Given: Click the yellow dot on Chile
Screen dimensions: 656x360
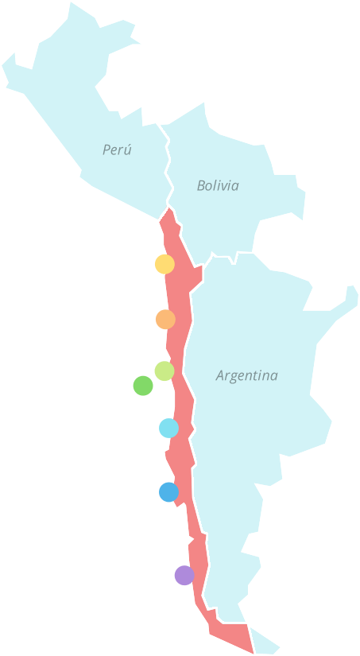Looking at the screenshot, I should pyautogui.click(x=165, y=264).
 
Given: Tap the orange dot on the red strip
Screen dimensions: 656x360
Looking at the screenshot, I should pyautogui.click(x=165, y=320).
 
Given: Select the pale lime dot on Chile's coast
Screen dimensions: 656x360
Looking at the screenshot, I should pyautogui.click(x=165, y=371).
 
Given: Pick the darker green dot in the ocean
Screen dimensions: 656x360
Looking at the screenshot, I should pyautogui.click(x=143, y=386).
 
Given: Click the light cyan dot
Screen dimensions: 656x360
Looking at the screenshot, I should pyautogui.click(x=168, y=429).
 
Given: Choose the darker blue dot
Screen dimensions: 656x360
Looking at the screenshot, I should pyautogui.click(x=168, y=492).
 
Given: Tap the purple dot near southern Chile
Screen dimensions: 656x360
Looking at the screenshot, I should pyautogui.click(x=184, y=575).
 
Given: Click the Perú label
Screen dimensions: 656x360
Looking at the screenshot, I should pyautogui.click(x=117, y=149).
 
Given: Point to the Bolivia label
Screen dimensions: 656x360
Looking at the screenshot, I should pyautogui.click(x=218, y=186).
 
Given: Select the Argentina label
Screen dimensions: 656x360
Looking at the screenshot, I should pyautogui.click(x=247, y=375).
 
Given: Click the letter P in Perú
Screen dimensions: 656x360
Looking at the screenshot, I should pyautogui.click(x=106, y=149).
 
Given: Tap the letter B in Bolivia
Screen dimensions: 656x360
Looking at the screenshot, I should pyautogui.click(x=201, y=186).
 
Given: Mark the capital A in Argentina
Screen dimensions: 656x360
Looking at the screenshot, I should pyautogui.click(x=221, y=375).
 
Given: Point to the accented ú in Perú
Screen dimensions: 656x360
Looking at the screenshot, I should pyautogui.click(x=128, y=149).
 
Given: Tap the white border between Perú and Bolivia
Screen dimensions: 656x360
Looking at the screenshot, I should pyautogui.click(x=168, y=167).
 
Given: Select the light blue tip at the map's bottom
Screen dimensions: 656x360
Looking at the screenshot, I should pyautogui.click(x=267, y=645).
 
